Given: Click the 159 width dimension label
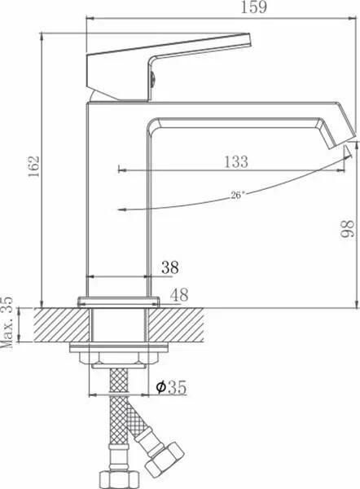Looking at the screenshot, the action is pyautogui.click(x=254, y=7).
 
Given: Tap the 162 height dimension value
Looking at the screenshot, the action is pyautogui.click(x=33, y=166).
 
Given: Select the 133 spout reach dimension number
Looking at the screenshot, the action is pyautogui.click(x=236, y=161).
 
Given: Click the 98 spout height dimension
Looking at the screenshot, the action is pyautogui.click(x=347, y=229).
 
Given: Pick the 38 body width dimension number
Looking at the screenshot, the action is pyautogui.click(x=170, y=267).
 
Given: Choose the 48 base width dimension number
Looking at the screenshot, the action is pyautogui.click(x=179, y=295).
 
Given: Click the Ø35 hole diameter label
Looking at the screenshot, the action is pyautogui.click(x=171, y=388).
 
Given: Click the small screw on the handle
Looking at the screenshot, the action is pyautogui.click(x=152, y=78).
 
